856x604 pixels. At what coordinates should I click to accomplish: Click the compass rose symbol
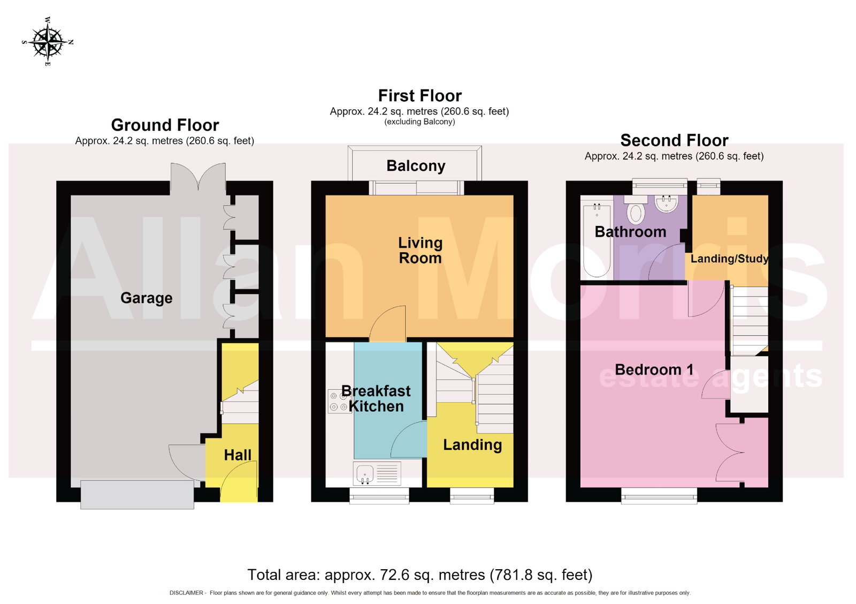(x=48, y=41)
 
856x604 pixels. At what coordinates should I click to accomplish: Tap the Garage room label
(x=147, y=298)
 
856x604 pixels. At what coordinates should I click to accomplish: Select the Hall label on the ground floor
(x=238, y=455)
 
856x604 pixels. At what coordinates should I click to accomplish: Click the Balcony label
(x=416, y=166)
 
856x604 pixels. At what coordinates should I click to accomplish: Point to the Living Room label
(x=421, y=250)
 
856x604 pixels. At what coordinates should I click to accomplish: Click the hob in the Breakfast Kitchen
(x=339, y=401)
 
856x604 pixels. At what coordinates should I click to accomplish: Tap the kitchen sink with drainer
(x=377, y=473)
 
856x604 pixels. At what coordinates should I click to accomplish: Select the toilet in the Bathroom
(x=636, y=210)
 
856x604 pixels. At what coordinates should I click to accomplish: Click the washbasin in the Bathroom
(x=667, y=203)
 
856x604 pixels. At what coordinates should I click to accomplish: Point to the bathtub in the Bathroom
(x=597, y=240)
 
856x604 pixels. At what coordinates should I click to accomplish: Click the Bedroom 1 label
(x=654, y=369)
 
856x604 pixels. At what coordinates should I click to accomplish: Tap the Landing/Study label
(x=729, y=259)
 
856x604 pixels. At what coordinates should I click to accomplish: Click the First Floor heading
(x=419, y=96)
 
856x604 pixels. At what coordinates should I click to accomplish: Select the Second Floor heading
(x=674, y=140)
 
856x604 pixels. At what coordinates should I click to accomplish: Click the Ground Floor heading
(x=165, y=125)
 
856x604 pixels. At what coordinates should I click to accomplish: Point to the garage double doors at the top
(x=198, y=176)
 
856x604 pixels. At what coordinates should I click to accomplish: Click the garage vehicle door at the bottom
(x=137, y=495)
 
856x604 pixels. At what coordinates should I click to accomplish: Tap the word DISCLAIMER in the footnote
(x=186, y=593)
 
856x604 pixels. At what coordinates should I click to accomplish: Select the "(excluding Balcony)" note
(x=419, y=122)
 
